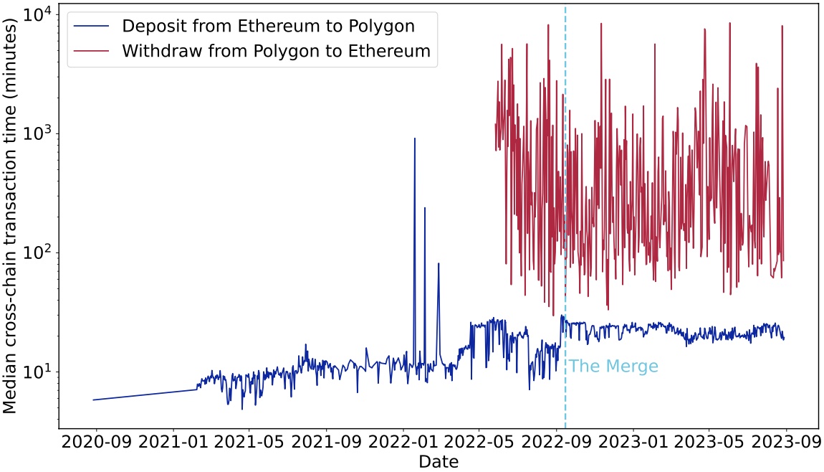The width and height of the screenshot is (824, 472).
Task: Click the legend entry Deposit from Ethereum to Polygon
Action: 268,27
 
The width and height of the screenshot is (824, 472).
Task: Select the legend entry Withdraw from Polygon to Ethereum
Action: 276,51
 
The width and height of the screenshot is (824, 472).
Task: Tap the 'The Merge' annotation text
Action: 613,367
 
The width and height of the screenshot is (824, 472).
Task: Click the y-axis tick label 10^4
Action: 37,15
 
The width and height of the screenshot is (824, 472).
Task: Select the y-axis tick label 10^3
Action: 37,134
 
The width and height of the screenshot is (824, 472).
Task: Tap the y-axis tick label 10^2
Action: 37,253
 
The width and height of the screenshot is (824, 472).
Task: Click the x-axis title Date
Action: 439,461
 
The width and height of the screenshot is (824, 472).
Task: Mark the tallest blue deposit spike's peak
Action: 414,138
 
